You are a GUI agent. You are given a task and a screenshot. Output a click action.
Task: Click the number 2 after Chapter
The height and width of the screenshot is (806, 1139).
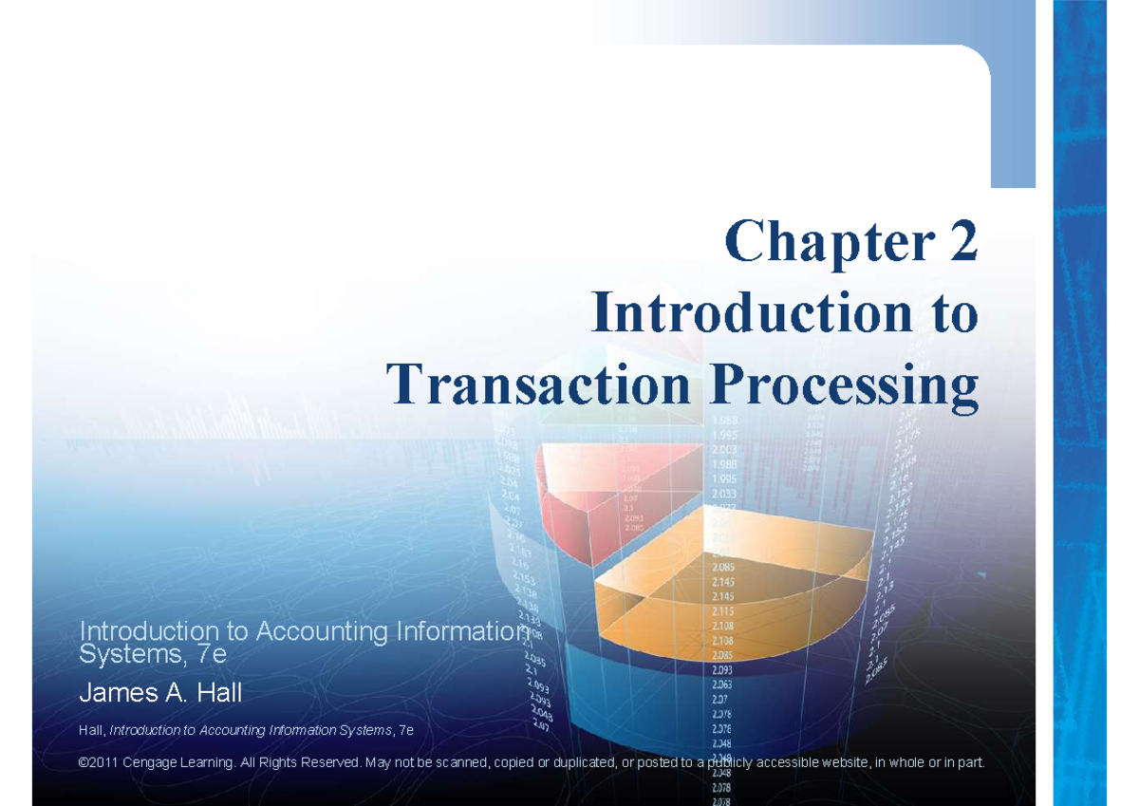(956, 242)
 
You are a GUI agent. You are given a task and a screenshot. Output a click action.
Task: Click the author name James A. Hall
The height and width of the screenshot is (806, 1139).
(160, 694)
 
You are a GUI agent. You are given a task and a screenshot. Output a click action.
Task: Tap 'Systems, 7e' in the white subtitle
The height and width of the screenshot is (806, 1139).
(152, 654)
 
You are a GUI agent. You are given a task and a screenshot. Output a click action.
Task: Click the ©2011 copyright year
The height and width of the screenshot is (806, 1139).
(100, 763)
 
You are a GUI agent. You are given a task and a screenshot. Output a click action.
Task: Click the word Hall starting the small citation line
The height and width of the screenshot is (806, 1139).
(92, 730)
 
